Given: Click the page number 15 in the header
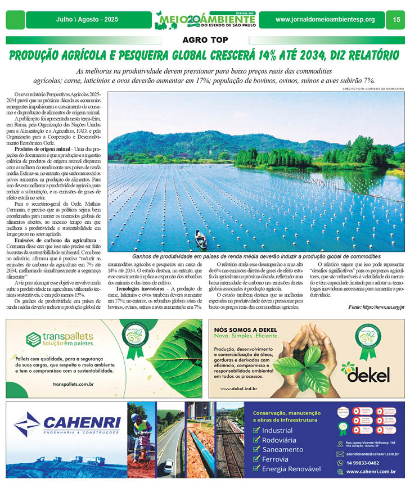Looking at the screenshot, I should [x=397, y=20].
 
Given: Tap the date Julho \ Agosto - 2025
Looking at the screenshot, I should [x=87, y=20].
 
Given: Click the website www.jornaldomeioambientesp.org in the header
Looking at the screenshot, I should [x=325, y=20].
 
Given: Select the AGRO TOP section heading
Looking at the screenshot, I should [x=205, y=40].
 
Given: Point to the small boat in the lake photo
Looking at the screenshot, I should [x=200, y=240].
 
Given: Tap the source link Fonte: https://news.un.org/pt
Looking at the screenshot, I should [x=376, y=308].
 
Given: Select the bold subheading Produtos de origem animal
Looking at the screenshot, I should [x=38, y=148].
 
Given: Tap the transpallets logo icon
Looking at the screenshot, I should [x=34, y=339].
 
